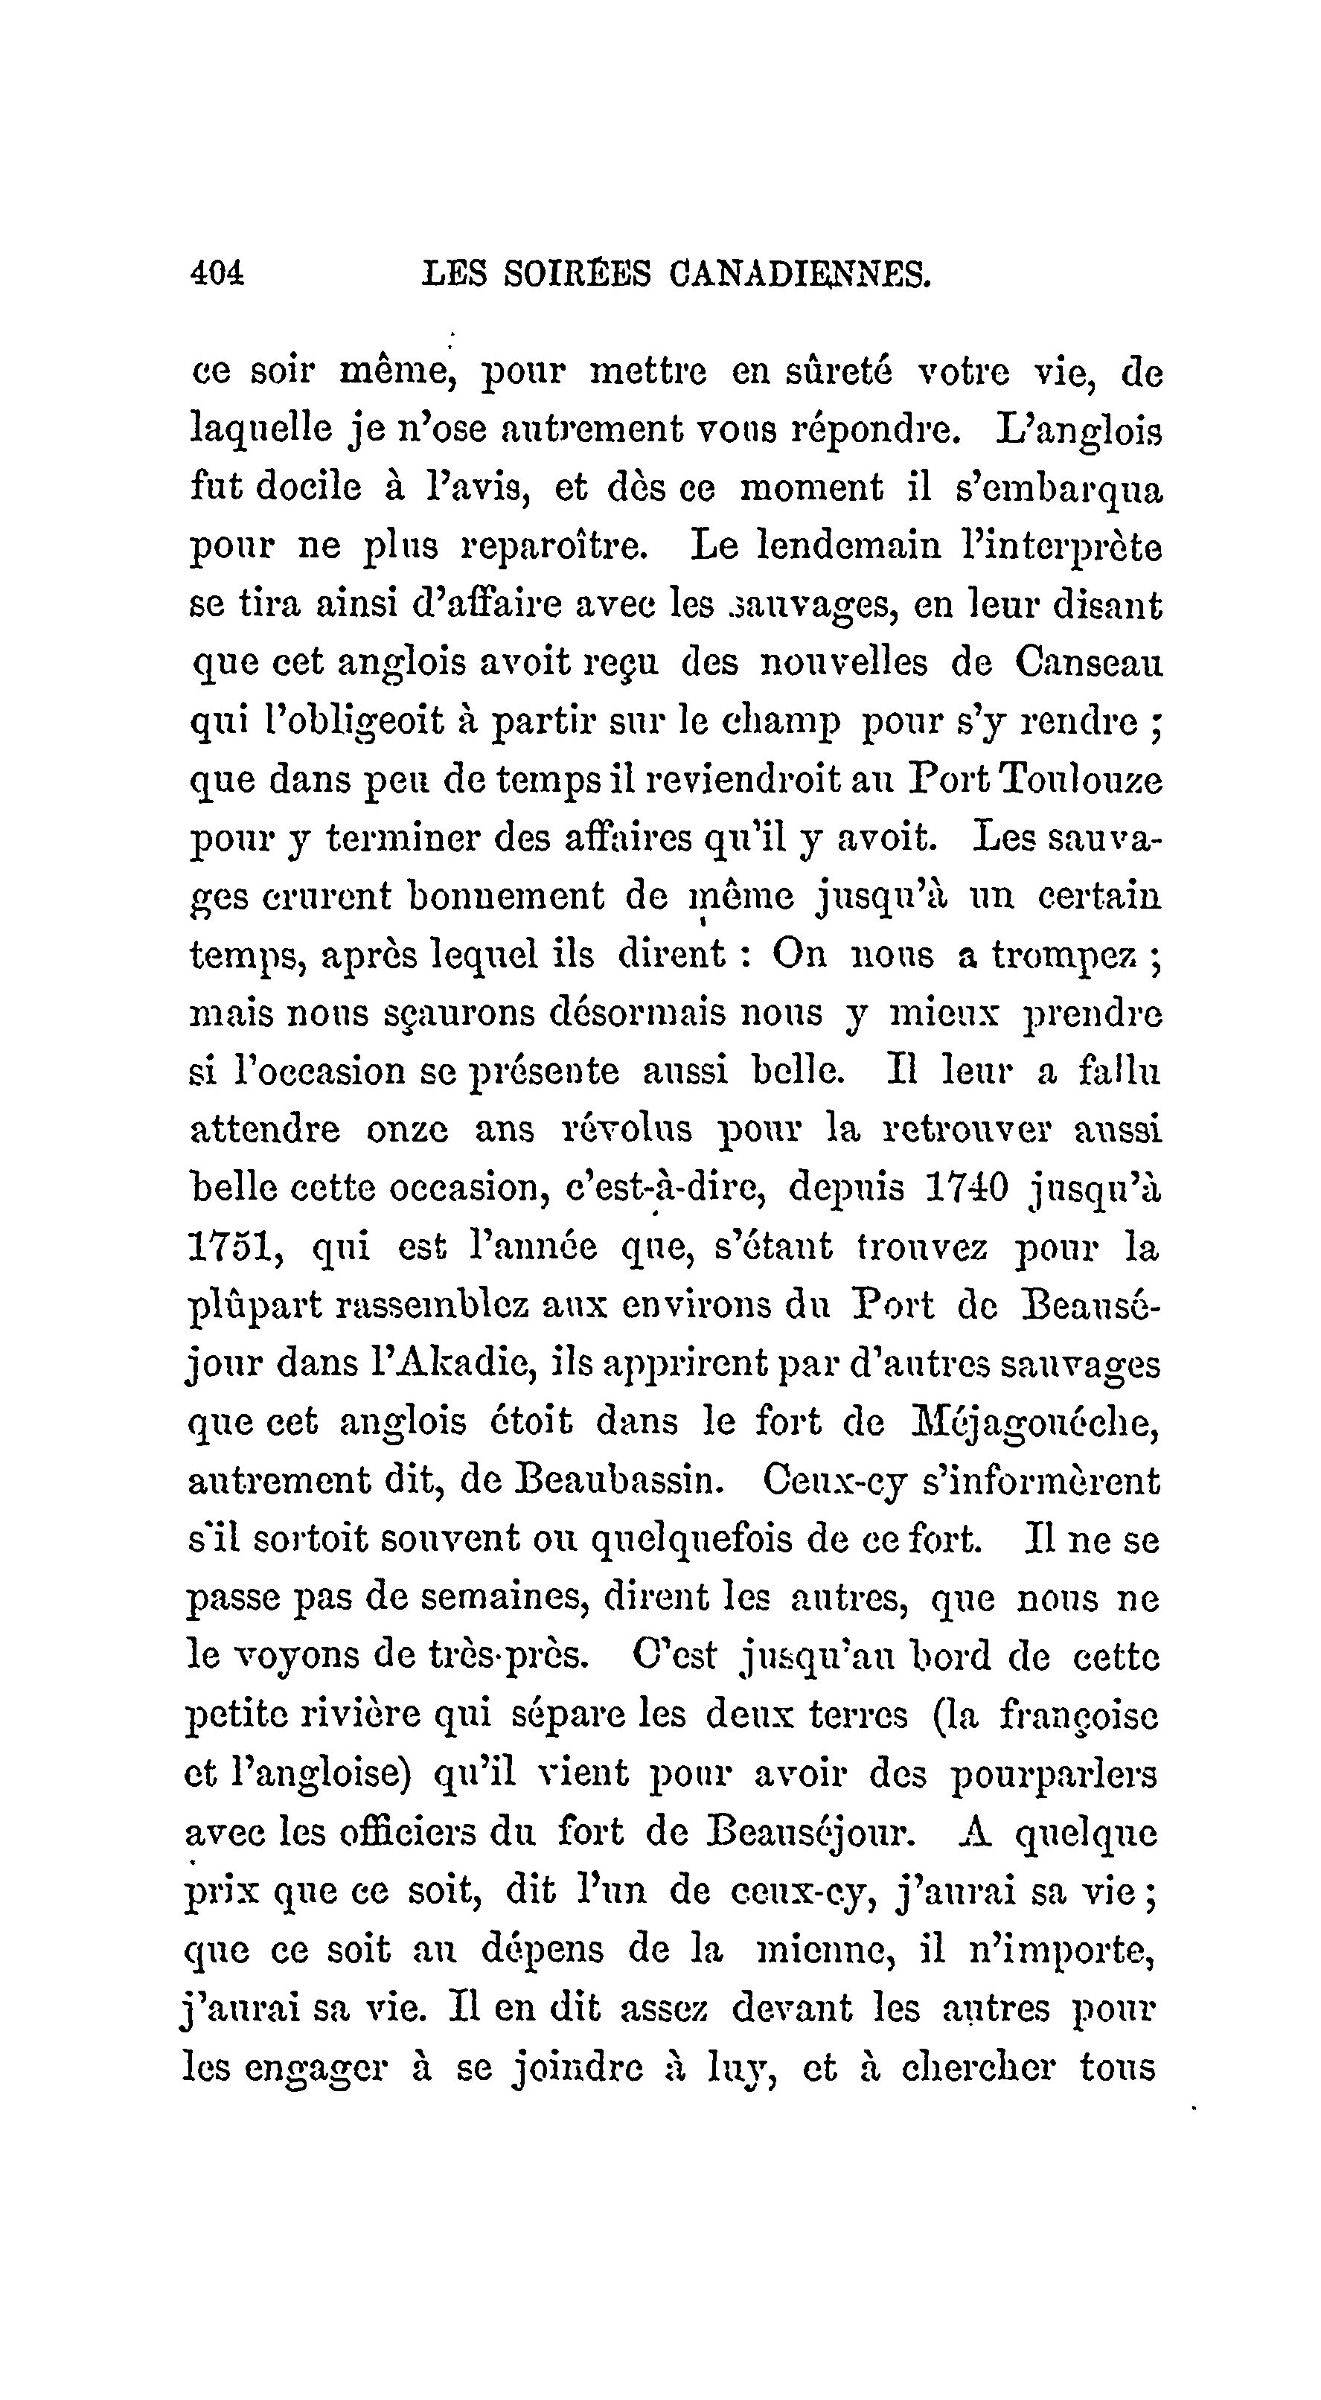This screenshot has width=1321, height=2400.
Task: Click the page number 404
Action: pyautogui.click(x=216, y=274)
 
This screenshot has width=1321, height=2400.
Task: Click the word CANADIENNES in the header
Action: pyautogui.click(x=799, y=274)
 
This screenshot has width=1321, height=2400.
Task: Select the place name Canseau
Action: pyautogui.click(x=1088, y=662)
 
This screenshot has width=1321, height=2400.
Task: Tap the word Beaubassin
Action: pyautogui.click(x=618, y=1480)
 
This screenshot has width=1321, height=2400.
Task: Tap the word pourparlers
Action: pyautogui.click(x=1054, y=1775)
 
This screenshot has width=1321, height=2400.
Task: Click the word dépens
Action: pyautogui.click(x=543, y=1949)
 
